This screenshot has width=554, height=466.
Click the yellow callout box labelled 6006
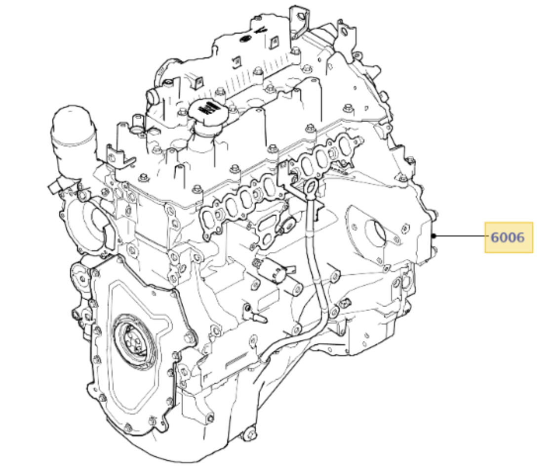click(x=509, y=237)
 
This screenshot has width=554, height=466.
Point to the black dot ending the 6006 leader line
click(x=434, y=236)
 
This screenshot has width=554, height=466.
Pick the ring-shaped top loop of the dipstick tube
click(x=310, y=188)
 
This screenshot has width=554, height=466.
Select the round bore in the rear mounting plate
click(x=376, y=232)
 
